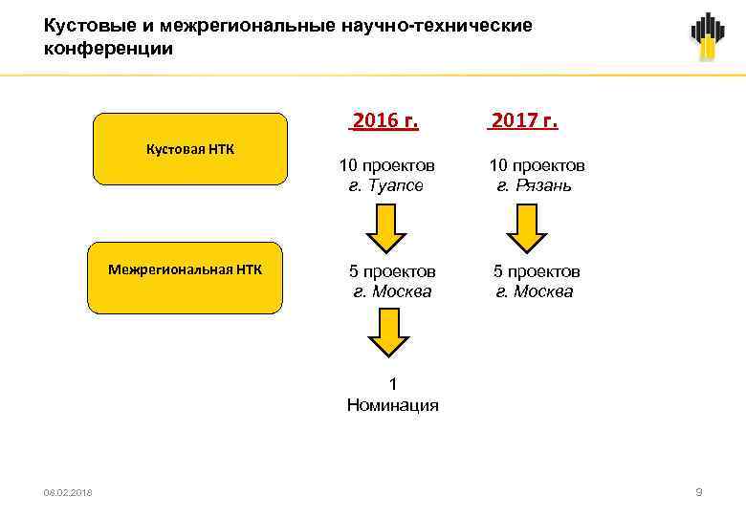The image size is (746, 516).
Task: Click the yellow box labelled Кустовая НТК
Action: pyautogui.click(x=189, y=148)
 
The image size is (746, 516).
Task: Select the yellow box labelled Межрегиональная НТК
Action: pyautogui.click(x=186, y=278)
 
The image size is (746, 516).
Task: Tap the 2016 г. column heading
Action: pyautogui.click(x=385, y=120)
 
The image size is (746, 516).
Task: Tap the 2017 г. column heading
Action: pyautogui.click(x=523, y=120)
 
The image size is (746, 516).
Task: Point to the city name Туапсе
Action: pyautogui.click(x=393, y=185)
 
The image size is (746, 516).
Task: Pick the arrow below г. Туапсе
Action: pyautogui.click(x=387, y=229)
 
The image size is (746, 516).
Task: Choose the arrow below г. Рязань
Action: pyautogui.click(x=525, y=229)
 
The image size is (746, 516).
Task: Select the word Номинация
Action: pyautogui.click(x=393, y=405)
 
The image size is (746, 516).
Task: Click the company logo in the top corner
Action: pyautogui.click(x=708, y=36)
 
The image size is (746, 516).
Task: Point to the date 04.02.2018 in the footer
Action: pyautogui.click(x=68, y=492)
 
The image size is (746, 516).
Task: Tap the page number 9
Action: pyautogui.click(x=699, y=492)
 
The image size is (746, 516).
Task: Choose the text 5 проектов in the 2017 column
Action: pyautogui.click(x=536, y=271)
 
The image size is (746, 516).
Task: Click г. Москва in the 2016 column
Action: pyautogui.click(x=392, y=291)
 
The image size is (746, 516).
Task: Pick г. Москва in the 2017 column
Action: pyautogui.click(x=535, y=291)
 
